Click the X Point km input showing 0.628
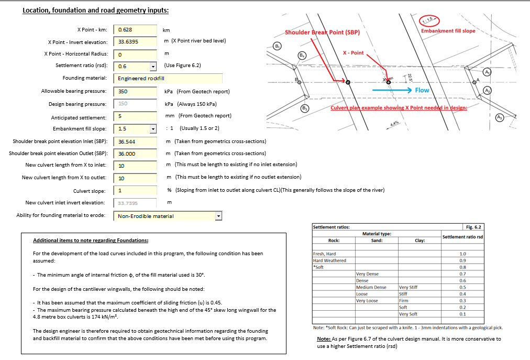135,30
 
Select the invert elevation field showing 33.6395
135,42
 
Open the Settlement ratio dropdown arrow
153,67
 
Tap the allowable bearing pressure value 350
135,91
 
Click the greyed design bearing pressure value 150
135,104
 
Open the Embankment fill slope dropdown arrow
153,129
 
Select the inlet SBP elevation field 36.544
135,141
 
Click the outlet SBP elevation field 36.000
135,154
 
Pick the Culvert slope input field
135,190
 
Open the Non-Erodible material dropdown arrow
219,216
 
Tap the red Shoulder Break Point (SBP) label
322,32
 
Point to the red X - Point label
353,53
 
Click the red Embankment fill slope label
448,31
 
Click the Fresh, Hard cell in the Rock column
325,254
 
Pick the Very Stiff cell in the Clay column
408,287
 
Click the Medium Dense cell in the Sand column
371,287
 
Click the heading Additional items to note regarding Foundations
91,241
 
